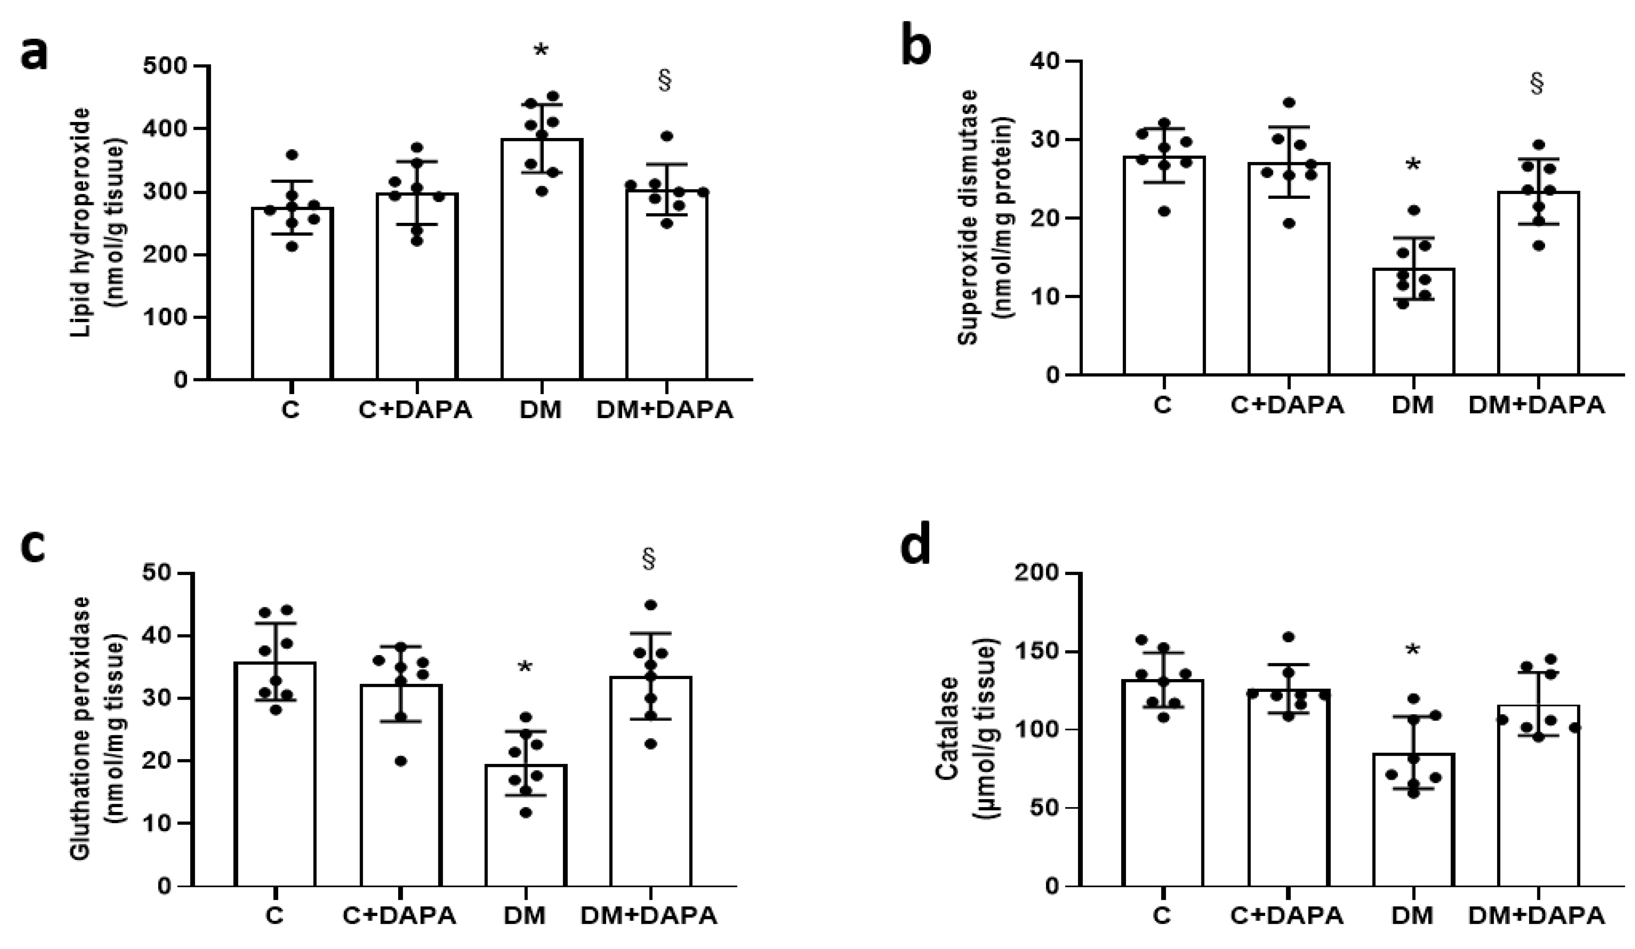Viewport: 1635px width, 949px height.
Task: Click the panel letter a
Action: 34,53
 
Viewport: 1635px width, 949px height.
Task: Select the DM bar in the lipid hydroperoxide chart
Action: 541,260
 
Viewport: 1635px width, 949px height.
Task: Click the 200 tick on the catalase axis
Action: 1038,574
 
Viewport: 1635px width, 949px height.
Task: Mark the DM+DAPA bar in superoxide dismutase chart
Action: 1538,286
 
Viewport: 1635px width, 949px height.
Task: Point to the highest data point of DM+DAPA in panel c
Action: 651,605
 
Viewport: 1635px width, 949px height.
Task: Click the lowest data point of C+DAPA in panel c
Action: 401,761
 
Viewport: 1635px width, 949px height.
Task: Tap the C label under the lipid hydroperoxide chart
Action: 291,411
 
